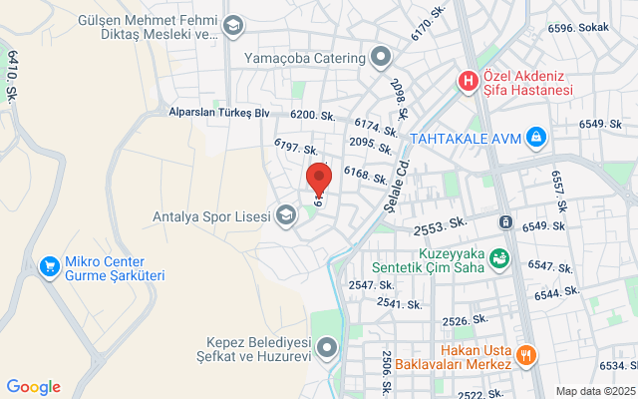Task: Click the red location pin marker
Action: (318, 177)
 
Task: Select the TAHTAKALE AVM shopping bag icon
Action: (536, 136)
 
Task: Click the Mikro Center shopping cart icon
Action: (48, 266)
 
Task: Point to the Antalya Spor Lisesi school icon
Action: (287, 214)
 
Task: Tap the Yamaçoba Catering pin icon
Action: (379, 57)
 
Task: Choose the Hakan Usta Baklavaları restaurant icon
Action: (526, 354)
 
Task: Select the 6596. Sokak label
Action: (576, 28)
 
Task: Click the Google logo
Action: (33, 387)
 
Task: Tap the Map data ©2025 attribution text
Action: (594, 391)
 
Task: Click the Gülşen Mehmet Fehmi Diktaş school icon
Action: (232, 26)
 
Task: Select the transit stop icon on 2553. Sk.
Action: (506, 221)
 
